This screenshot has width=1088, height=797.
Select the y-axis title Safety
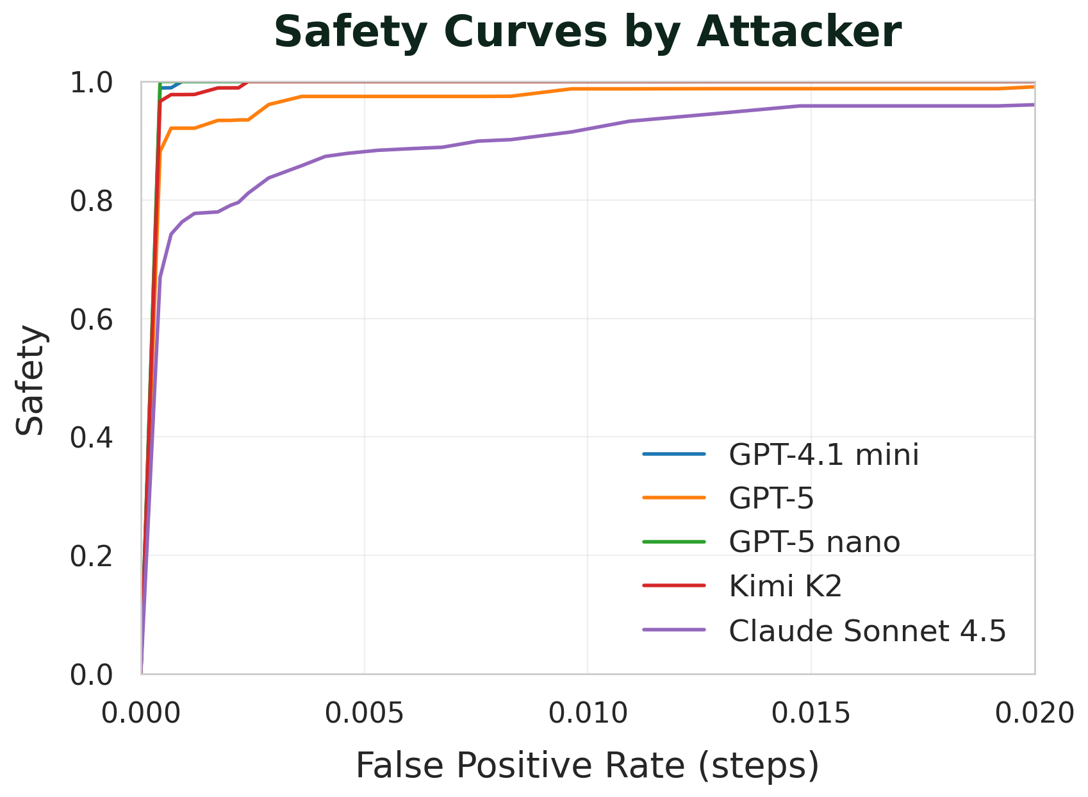30,380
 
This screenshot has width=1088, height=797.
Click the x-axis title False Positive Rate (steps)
587,765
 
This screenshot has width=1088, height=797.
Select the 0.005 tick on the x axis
365,713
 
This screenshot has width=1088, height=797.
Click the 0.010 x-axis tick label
588,713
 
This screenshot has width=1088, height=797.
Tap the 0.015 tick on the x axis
811,713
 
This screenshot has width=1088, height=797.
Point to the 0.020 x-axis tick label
1033,713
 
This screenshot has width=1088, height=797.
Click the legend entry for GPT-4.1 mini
823,455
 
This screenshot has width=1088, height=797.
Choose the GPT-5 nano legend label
814,542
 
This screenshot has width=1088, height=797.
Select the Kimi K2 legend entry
785,586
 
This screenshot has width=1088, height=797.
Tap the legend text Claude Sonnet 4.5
867,631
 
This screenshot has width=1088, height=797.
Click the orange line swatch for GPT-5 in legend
673,498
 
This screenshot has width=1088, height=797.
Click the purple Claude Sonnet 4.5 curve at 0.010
588,128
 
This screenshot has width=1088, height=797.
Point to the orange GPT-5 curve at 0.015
811,89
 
